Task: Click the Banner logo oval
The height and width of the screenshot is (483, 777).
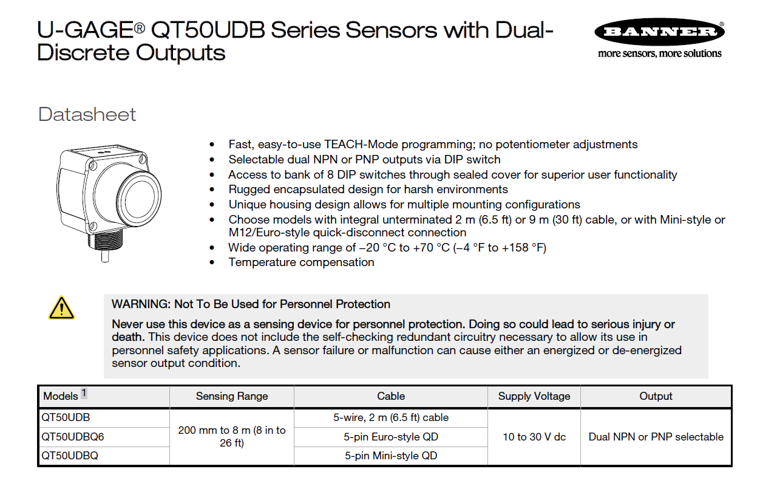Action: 659,33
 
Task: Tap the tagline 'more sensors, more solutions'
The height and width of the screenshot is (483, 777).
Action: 659,53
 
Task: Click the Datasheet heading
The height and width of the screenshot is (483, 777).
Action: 87,114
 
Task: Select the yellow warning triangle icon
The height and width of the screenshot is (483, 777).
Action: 61,308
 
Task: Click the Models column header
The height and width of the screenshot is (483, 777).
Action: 61,396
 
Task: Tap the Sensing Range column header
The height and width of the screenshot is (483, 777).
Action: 232,396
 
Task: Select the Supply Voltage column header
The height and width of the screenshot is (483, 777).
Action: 534,396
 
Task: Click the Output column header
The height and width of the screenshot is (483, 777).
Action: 656,396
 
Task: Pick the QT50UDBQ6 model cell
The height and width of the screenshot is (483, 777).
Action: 69,437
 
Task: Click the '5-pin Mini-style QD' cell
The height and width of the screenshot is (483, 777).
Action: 391,456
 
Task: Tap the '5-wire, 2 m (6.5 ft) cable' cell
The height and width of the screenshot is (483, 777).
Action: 391,417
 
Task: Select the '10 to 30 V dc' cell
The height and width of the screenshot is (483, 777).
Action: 534,437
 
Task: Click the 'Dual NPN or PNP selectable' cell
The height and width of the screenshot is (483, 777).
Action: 656,437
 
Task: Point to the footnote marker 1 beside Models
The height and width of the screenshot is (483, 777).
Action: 84,393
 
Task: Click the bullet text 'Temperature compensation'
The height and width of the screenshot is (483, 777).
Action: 301,262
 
